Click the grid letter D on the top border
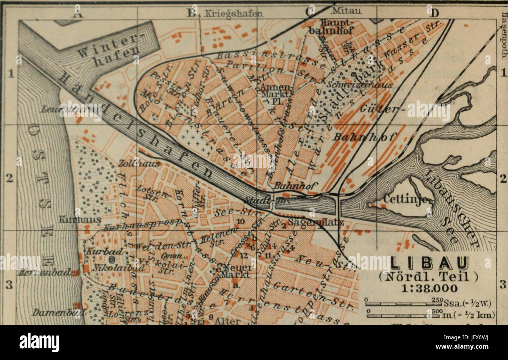coord(434,13)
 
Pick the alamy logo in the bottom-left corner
coord(39,343)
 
